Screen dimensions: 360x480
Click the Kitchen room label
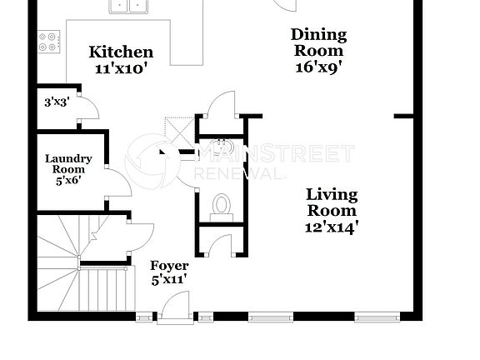pyautogui.click(x=121, y=52)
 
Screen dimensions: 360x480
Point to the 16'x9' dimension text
pyautogui.click(x=317, y=69)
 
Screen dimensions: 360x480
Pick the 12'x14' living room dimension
pyautogui.click(x=332, y=225)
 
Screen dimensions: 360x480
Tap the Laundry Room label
pyautogui.click(x=68, y=163)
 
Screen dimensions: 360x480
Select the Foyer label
pyautogui.click(x=169, y=266)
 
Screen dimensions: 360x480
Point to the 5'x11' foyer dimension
pyautogui.click(x=169, y=280)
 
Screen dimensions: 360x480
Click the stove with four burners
pyautogui.click(x=49, y=41)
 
